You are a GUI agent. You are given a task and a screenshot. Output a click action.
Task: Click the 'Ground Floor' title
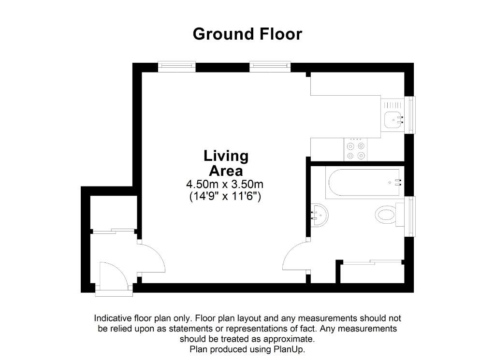[247, 34]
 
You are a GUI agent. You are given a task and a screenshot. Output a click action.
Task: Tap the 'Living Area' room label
[226, 163]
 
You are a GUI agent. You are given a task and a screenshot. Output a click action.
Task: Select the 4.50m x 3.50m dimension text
[225, 184]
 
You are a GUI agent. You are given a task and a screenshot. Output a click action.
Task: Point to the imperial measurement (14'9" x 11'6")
[225, 196]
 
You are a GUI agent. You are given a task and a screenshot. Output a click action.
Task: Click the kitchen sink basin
[393, 120]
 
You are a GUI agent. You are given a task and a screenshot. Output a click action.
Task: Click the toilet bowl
[386, 215]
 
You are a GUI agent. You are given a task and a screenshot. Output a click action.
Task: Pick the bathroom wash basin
[320, 215]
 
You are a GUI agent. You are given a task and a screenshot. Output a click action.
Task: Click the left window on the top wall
[176, 66]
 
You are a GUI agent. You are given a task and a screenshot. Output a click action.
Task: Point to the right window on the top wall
[270, 66]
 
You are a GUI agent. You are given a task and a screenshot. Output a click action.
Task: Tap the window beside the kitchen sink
[411, 115]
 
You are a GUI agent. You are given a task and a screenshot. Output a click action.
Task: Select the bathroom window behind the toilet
[411, 216]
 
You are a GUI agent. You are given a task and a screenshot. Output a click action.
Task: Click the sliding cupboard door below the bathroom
[372, 262]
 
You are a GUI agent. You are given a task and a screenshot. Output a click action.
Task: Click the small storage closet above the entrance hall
[113, 212]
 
